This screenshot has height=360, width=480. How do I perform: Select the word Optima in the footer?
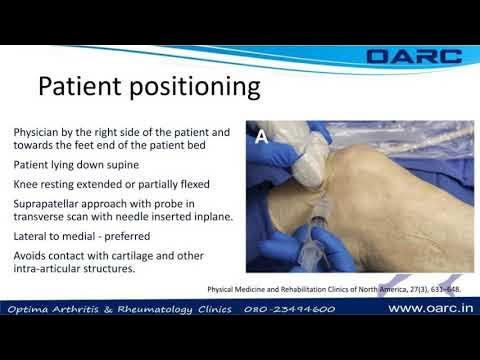pos(31,309)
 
